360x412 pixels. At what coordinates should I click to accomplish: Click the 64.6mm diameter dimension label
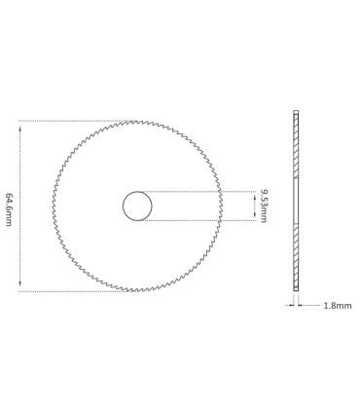click(10, 206)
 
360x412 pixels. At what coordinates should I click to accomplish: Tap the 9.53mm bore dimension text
click(265, 206)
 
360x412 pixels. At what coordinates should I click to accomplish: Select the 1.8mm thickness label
click(339, 305)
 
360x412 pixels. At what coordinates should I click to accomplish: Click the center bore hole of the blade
click(137, 206)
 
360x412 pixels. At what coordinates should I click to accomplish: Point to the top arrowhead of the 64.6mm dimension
click(20, 124)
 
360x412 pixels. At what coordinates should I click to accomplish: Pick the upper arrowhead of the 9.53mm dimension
click(255, 194)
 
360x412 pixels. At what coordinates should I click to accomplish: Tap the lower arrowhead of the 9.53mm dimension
click(255, 218)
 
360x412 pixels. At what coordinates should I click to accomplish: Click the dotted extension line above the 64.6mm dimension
click(68, 121)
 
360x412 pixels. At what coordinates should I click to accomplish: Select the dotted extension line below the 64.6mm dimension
click(68, 290)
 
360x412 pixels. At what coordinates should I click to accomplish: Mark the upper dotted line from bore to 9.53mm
click(204, 191)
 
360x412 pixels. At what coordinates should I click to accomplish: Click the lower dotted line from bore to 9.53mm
click(204, 221)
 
